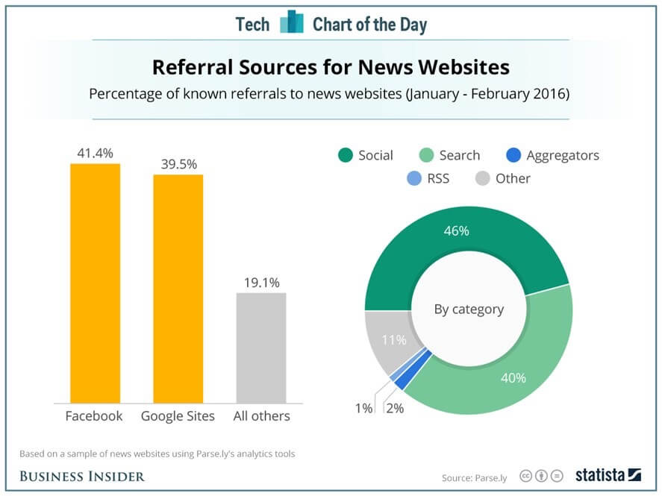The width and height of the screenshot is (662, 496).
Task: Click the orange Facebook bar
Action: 95,283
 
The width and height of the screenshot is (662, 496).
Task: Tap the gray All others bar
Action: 261,348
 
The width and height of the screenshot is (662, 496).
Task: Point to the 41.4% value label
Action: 95,153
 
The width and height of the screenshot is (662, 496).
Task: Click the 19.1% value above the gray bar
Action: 261,283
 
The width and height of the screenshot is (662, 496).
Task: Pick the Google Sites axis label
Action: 178,416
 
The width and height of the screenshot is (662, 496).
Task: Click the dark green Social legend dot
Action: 345,155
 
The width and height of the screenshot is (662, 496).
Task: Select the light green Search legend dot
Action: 425,155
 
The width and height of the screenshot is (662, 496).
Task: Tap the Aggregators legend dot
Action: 513,155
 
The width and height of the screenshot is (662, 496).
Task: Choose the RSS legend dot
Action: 415,178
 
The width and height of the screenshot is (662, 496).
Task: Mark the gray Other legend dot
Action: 482,178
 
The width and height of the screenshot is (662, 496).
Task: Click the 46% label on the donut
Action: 457,231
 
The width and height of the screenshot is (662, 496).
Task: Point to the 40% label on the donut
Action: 513,378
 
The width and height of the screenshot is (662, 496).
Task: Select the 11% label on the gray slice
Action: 394,340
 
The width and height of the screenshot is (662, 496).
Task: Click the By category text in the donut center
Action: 469,309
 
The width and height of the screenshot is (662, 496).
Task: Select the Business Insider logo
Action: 82,476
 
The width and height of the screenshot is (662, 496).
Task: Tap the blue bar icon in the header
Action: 291,23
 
